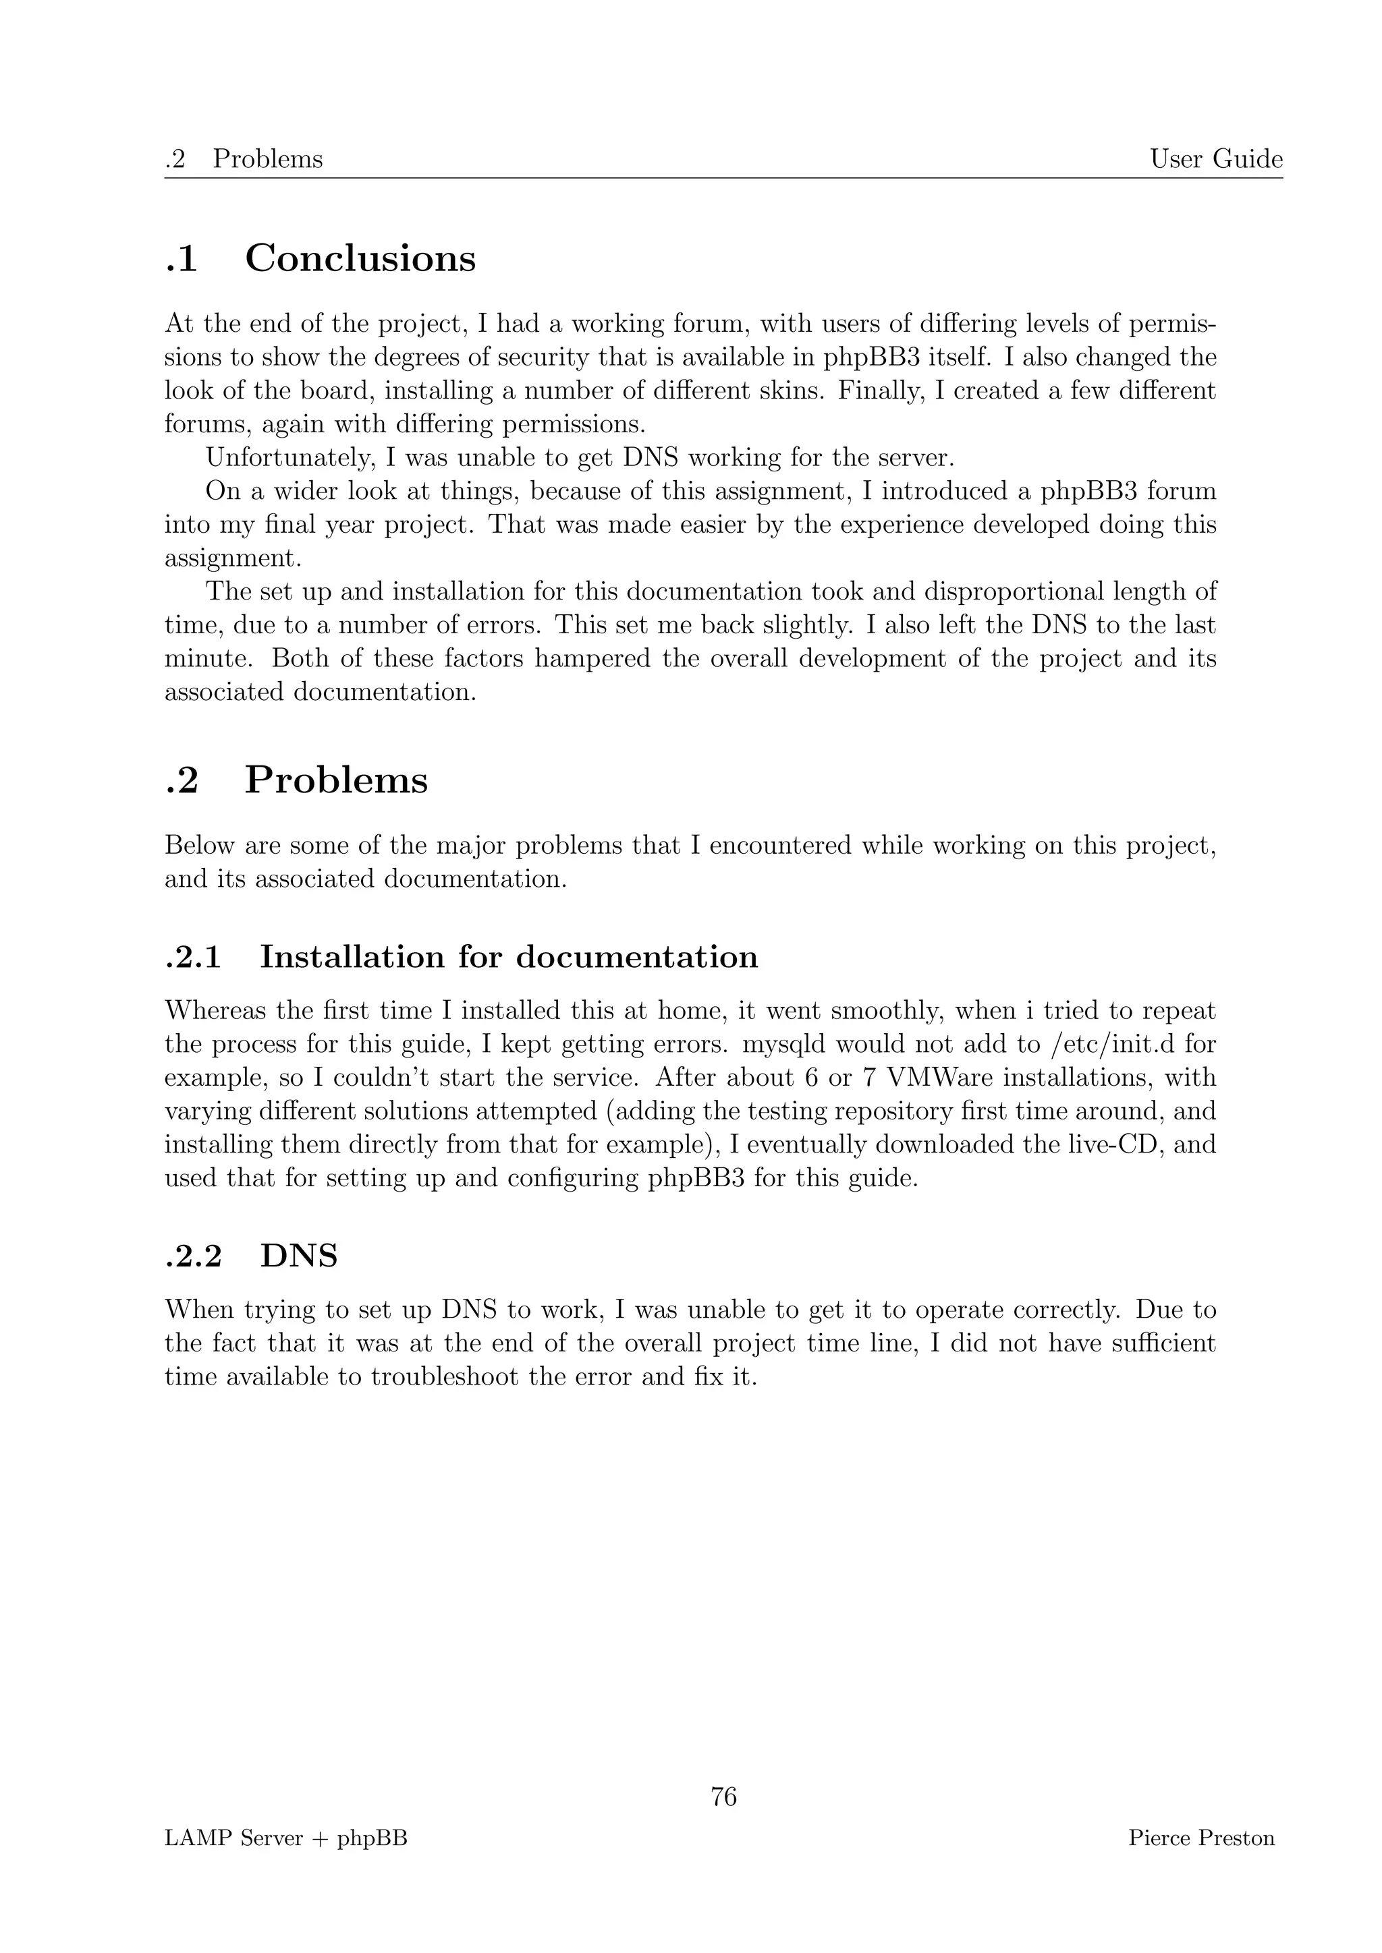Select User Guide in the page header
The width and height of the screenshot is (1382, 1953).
[x=1216, y=159]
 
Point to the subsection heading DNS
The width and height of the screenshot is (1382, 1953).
[x=299, y=1256]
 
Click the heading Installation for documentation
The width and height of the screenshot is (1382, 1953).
[x=508, y=956]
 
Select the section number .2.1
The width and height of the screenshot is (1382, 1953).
[x=193, y=957]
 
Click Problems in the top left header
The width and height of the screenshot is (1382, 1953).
[x=267, y=159]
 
